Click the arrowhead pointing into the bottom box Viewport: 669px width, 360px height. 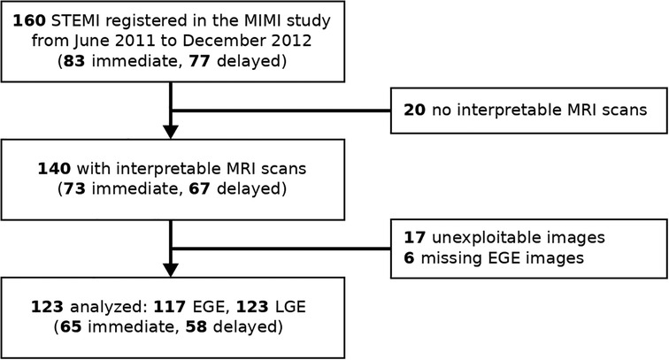(x=170, y=270)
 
